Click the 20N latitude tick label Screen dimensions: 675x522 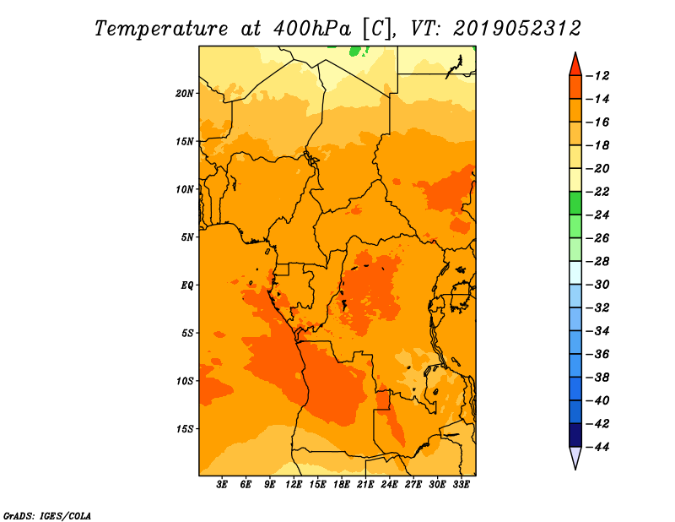point(185,94)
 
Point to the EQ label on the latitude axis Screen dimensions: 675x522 point(187,285)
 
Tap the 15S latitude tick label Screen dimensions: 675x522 point(185,429)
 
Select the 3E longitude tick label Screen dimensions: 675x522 point(222,485)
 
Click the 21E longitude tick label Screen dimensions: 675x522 point(365,485)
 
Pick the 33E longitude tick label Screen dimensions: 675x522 point(461,485)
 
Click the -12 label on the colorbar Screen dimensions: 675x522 point(597,76)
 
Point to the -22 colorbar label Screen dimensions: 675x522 point(597,192)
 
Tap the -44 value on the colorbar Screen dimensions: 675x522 point(597,447)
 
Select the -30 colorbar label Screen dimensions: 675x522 point(597,285)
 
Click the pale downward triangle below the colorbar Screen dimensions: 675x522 point(575,457)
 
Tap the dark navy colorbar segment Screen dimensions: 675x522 point(575,435)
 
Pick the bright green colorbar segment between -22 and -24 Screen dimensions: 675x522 point(575,204)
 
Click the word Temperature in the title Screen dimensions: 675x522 point(161,29)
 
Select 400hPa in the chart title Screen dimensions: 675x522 point(312,29)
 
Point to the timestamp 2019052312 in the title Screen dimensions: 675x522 point(517,29)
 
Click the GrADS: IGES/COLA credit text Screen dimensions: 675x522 point(47,516)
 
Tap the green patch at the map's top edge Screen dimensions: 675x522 point(355,52)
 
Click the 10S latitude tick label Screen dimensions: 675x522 point(185,381)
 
